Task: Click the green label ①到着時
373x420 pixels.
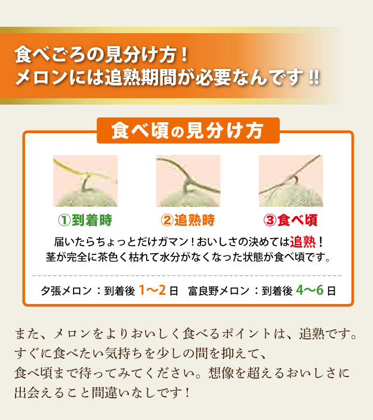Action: pos(85,220)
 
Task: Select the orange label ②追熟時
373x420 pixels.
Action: pos(188,220)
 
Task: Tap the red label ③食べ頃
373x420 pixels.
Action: pos(291,220)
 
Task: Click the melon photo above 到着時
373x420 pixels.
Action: pos(85,181)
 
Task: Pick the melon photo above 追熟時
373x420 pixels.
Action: pos(188,181)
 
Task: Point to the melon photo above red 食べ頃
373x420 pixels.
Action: pos(291,181)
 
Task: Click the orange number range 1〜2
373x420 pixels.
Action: pos(152,290)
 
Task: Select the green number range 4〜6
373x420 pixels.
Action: pos(310,290)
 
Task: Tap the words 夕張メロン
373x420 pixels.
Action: pos(66,291)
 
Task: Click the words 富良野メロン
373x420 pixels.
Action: pos(219,291)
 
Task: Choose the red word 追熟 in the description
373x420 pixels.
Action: pos(303,242)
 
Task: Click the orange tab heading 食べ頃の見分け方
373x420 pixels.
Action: pos(188,131)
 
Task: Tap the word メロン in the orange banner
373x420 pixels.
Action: pos(41,77)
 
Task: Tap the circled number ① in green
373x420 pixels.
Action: pos(64,221)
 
